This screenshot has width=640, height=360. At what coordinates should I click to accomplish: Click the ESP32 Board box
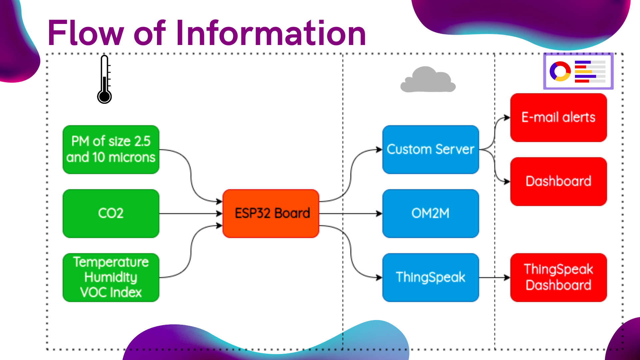(x=271, y=213)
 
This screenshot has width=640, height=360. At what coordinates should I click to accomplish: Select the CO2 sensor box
(x=111, y=213)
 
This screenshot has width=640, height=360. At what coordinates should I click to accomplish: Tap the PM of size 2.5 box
(x=111, y=149)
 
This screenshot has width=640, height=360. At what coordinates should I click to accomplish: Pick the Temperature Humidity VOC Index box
(x=111, y=277)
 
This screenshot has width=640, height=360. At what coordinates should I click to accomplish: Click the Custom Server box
(x=431, y=149)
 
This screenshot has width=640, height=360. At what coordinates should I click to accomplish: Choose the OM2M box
(x=431, y=213)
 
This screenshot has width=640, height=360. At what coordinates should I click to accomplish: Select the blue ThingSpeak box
(x=431, y=277)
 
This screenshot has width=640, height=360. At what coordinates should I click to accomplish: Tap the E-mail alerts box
(x=559, y=117)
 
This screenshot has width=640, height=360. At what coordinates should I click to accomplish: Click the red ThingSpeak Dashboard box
(x=559, y=277)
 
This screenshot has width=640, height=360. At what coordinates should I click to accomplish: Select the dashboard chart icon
(x=578, y=71)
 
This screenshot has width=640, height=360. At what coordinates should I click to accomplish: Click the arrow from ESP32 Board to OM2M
(x=351, y=213)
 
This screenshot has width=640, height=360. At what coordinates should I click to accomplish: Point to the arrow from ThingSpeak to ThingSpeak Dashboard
(x=495, y=277)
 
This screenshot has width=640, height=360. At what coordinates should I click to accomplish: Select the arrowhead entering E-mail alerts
(x=507, y=117)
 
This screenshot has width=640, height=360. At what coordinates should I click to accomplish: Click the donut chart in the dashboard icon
(x=560, y=71)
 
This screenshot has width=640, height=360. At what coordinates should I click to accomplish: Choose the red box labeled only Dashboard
(x=559, y=181)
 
